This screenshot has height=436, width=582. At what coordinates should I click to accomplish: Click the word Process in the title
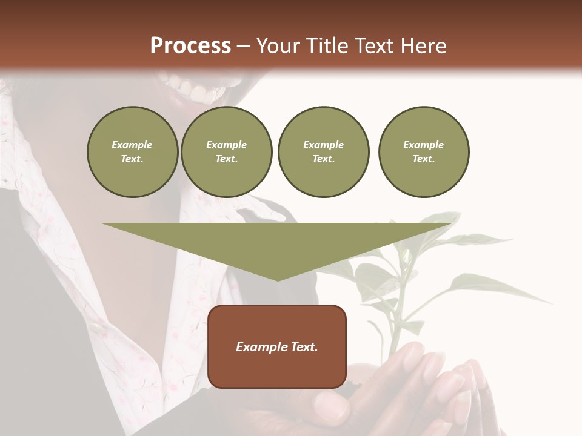(x=190, y=46)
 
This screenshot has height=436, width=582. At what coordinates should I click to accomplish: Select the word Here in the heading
(x=423, y=46)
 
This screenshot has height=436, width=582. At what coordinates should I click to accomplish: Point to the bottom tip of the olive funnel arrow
(x=278, y=279)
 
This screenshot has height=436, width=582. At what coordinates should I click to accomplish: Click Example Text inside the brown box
(x=277, y=347)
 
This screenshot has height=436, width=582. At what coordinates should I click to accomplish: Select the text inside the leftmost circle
(x=132, y=152)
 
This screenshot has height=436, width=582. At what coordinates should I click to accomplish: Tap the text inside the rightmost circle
(x=424, y=152)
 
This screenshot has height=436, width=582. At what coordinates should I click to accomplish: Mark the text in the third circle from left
(x=323, y=152)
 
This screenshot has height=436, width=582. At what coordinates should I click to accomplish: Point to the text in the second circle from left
(x=226, y=152)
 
